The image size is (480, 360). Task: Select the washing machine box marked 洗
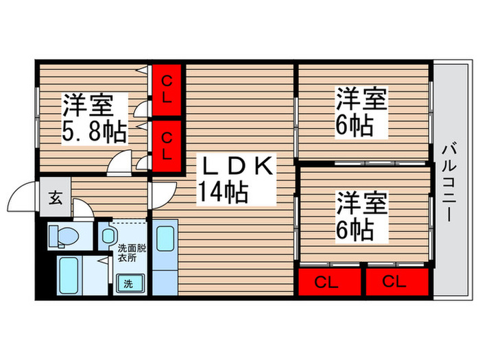click(128, 282)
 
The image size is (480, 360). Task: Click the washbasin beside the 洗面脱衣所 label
click(108, 237)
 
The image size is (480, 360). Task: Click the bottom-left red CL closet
click(329, 281)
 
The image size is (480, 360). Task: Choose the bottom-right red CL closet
click(397, 281)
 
